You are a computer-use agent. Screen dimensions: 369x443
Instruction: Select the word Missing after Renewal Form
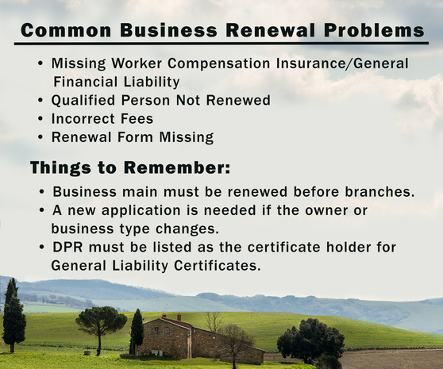[x=185, y=137]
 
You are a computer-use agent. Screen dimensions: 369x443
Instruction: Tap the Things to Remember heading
[x=129, y=167]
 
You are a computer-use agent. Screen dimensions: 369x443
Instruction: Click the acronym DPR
[x=68, y=248]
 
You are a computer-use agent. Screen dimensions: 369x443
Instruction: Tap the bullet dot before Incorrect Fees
[x=40, y=119]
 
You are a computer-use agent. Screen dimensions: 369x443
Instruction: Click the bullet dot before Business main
[x=41, y=193]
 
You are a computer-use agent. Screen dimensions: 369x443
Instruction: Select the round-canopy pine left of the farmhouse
[x=101, y=321]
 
